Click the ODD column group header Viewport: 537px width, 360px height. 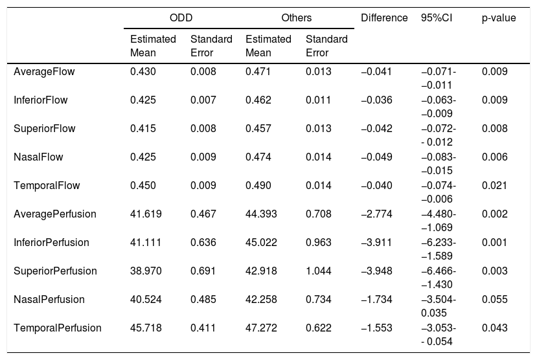click(x=181, y=17)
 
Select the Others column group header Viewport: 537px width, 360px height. click(x=297, y=17)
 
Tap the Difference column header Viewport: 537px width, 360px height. click(x=384, y=17)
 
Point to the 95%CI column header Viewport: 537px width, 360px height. click(x=437, y=17)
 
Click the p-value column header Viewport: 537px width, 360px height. click(x=499, y=17)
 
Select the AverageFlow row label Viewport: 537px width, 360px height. click(x=44, y=71)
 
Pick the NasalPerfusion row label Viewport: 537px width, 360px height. click(x=49, y=299)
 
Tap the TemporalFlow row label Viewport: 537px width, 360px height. click(x=47, y=185)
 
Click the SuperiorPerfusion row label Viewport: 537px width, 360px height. click(x=55, y=271)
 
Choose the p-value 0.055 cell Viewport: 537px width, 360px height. click(x=494, y=299)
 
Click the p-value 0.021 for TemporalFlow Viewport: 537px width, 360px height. click(x=494, y=185)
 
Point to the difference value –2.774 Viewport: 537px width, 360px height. click(x=376, y=214)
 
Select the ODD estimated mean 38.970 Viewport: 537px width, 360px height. click(x=146, y=271)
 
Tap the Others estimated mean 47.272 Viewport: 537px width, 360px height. click(x=261, y=328)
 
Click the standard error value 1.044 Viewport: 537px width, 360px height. click(x=319, y=271)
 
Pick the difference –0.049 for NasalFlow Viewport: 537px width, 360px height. click(x=376, y=157)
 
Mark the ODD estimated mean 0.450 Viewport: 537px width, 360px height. click(x=143, y=185)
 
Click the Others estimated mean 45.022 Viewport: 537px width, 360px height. click(x=261, y=243)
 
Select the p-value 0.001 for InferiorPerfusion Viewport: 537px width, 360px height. click(x=494, y=243)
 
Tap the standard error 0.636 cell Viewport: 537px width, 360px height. click(x=203, y=243)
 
